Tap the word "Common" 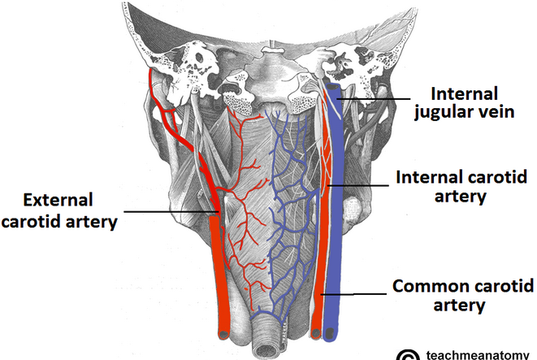coord(425,286)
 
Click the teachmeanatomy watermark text coord(479,354)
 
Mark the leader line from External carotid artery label coord(171,213)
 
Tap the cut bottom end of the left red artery coord(223,332)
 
